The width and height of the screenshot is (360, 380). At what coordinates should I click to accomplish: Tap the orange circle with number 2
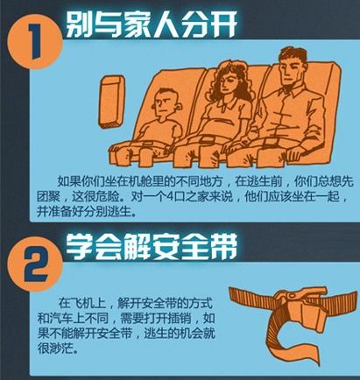point(35,264)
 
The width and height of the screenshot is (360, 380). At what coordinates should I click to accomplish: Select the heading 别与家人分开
point(150,24)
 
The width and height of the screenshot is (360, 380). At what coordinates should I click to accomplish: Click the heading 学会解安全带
point(151,247)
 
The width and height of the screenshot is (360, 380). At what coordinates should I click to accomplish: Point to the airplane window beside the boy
point(112,102)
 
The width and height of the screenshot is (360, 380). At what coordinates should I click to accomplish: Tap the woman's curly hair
point(231,81)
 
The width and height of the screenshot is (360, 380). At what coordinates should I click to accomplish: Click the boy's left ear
point(179,107)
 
